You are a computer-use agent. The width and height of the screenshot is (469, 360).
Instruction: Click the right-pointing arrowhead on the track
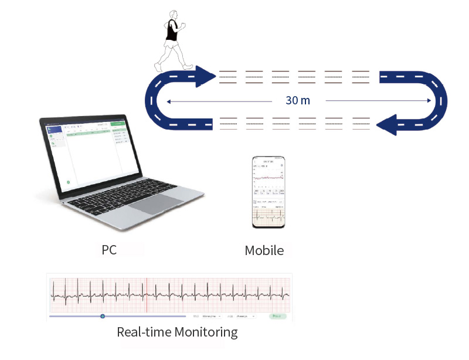point(205,76)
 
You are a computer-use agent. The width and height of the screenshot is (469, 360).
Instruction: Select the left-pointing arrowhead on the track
point(388,123)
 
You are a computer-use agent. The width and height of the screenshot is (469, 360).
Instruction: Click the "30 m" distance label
point(298,100)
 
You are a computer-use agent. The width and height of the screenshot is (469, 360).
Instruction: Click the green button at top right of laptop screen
point(119,124)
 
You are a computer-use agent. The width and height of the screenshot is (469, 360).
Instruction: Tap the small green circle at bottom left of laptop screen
point(69,182)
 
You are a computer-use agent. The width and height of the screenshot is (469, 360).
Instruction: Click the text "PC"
point(109,250)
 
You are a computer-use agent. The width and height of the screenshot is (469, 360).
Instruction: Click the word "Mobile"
point(264,250)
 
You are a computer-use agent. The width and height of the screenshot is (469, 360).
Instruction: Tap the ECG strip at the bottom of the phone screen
point(269,218)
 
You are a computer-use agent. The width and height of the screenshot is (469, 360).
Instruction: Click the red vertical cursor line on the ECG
point(147,294)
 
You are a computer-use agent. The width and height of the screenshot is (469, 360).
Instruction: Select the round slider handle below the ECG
point(102,316)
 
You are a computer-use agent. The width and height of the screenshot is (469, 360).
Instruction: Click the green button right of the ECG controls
point(278,316)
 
